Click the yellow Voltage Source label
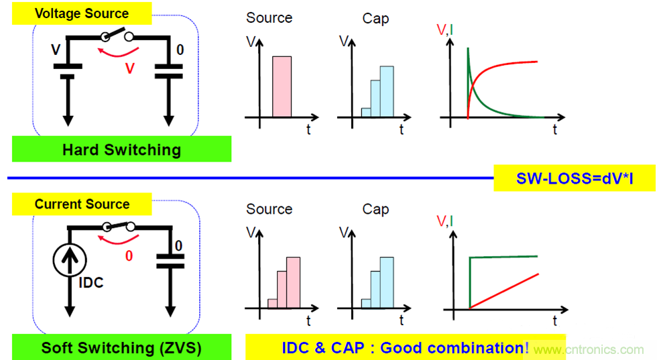[x=82, y=13]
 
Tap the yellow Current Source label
[x=82, y=204]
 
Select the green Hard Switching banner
[x=121, y=149]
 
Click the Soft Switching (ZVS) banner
[x=121, y=348]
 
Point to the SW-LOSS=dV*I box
[x=575, y=178]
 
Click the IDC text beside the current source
[x=90, y=283]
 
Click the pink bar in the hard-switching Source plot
[x=282, y=86]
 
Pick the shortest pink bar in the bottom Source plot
[x=272, y=303]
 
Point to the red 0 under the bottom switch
[x=128, y=256]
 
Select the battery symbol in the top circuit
[x=68, y=71]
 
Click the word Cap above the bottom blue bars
[x=375, y=209]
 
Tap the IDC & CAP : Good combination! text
[x=405, y=348]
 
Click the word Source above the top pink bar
[x=269, y=18]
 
